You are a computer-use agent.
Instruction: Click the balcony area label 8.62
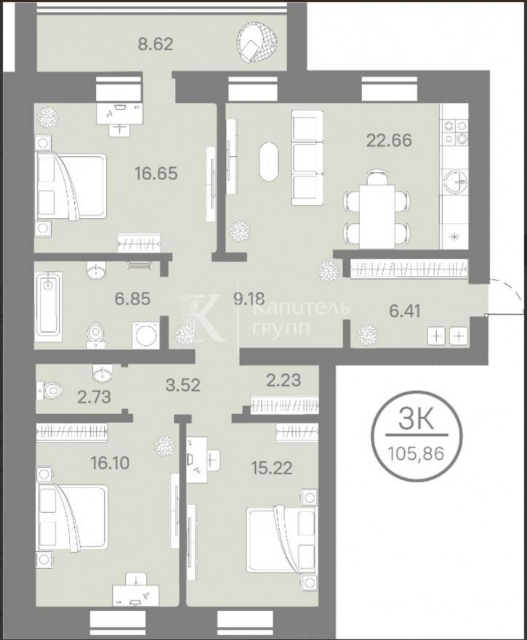tap(156, 44)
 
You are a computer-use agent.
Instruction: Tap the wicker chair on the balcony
tap(257, 43)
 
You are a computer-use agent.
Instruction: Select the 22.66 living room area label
tap(389, 140)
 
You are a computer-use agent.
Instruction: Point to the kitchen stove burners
tap(456, 133)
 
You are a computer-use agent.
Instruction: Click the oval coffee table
tap(270, 161)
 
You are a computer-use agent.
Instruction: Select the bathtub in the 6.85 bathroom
tap(48, 304)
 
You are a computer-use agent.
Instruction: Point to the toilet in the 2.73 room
tap(49, 391)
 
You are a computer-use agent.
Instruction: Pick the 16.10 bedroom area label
tap(110, 463)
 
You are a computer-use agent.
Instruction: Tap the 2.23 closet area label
tap(283, 381)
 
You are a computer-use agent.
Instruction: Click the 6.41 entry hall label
tap(405, 311)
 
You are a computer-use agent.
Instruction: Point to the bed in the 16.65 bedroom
tap(71, 186)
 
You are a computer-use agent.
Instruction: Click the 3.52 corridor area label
tap(183, 385)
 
